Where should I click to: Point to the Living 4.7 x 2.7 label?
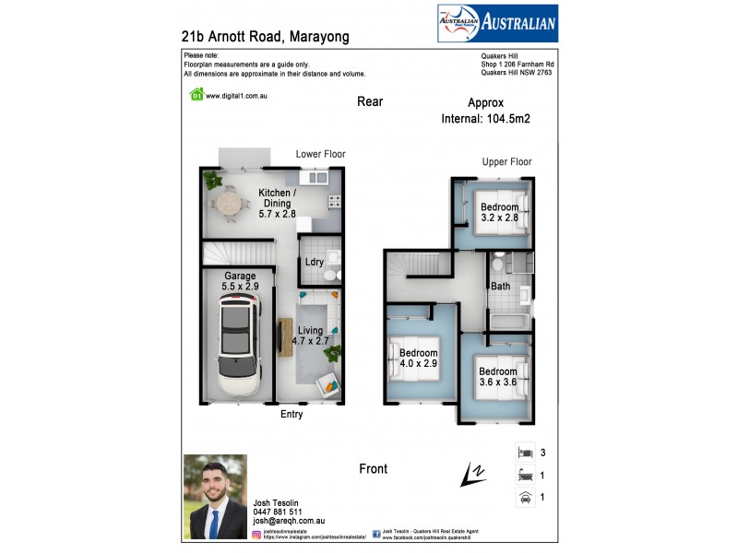tap(311, 335)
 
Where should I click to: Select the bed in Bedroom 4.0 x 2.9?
tap(407, 359)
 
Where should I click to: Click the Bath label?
tap(501, 287)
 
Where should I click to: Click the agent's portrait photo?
tap(215, 496)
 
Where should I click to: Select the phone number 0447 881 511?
tap(277, 512)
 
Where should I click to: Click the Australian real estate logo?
tap(496, 23)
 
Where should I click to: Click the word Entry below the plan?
tap(292, 414)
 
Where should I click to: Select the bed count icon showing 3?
tap(525, 453)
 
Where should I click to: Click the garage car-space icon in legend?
tap(525, 497)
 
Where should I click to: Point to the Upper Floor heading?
tap(506, 162)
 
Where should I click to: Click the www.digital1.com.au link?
tap(236, 95)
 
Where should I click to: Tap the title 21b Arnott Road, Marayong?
tap(266, 37)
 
